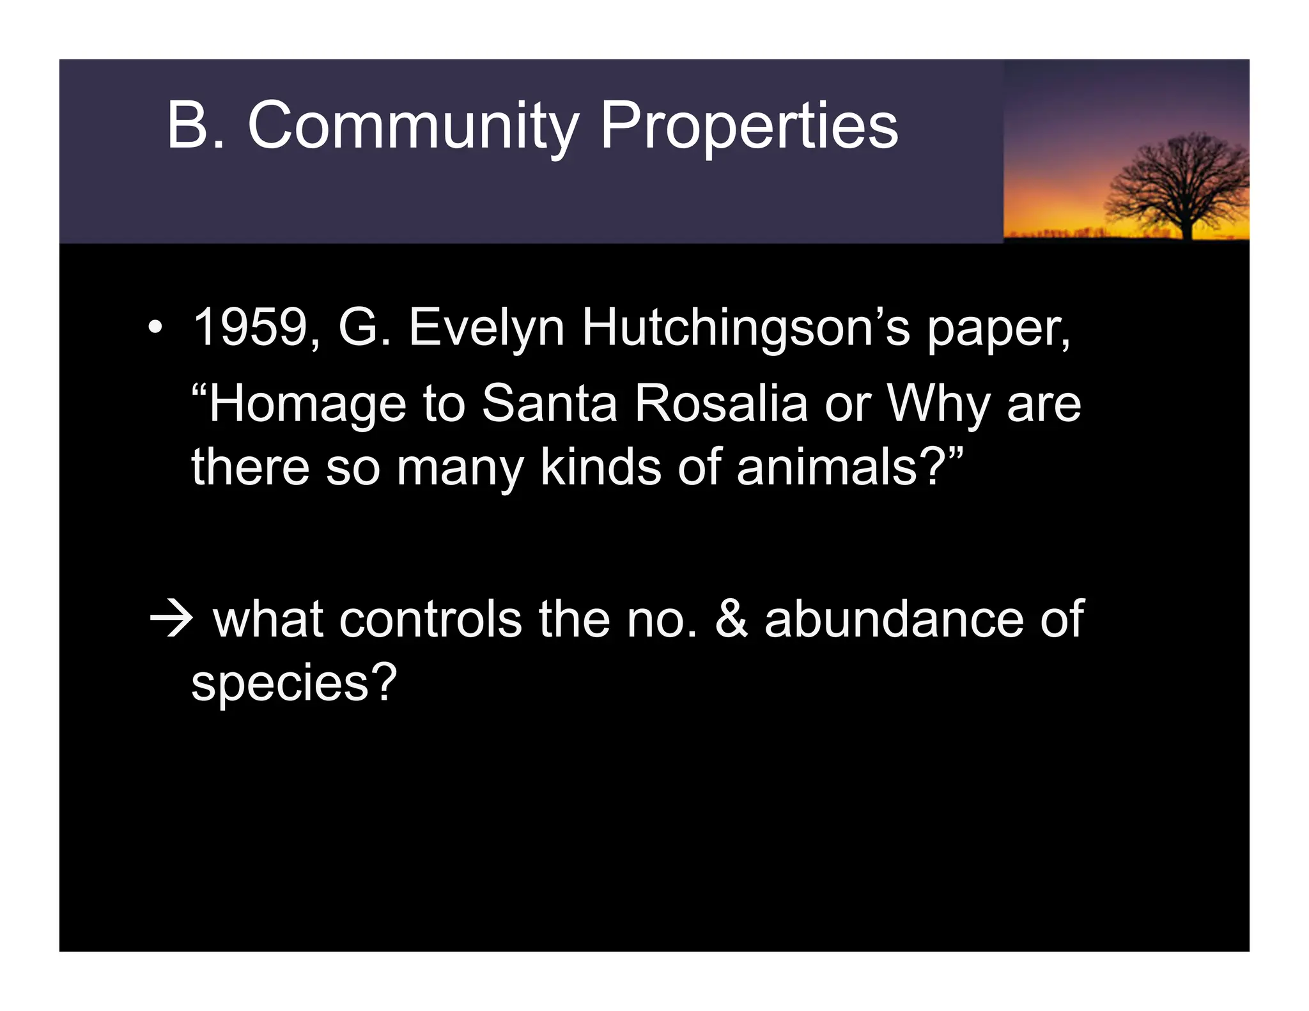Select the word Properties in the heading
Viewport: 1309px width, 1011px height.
(749, 127)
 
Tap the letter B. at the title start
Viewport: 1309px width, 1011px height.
(195, 126)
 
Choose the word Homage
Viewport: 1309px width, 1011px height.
(307, 405)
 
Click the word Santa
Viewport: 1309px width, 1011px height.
(549, 404)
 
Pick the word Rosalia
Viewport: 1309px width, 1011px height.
(722, 404)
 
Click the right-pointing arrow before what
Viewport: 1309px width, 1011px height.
(171, 619)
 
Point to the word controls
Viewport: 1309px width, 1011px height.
(430, 619)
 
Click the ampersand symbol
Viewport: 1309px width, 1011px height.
(731, 619)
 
